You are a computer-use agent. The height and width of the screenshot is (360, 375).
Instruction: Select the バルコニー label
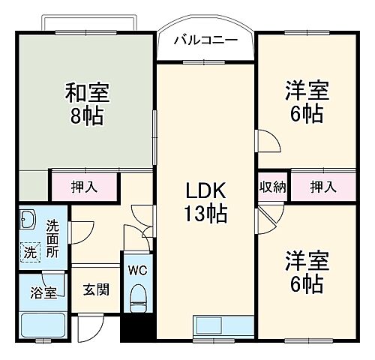(x=206, y=39)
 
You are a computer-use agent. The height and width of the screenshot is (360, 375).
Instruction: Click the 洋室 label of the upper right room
(x=304, y=88)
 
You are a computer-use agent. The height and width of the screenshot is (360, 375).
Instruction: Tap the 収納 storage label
(x=274, y=185)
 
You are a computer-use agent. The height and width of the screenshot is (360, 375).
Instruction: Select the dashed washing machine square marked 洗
(x=28, y=251)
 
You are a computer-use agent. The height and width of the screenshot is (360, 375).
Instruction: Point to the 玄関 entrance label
(x=94, y=289)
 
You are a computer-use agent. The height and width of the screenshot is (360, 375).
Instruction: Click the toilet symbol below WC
(x=137, y=302)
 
